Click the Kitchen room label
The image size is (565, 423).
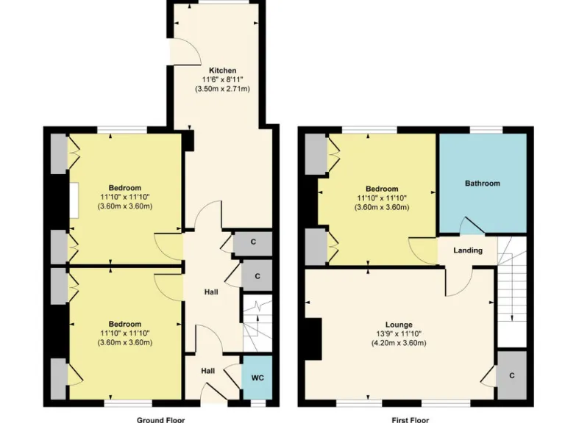coord(222,70)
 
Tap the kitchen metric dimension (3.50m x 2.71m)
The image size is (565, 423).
coord(222,89)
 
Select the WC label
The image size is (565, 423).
coord(256,378)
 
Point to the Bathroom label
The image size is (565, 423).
coord(482,183)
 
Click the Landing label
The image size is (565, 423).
coord(468,250)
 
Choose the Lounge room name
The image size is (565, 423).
coord(399,325)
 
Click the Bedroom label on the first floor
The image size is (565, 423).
coord(377,189)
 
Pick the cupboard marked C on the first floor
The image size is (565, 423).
coord(511,375)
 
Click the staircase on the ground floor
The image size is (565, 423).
coord(257,324)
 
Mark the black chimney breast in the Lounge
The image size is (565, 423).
coord(315,340)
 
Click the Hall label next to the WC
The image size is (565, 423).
coord(207,372)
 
